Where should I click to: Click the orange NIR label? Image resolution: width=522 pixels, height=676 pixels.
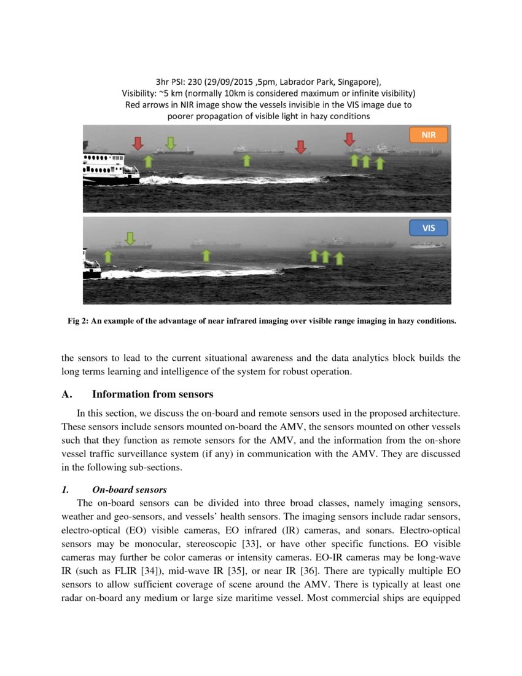click(429, 135)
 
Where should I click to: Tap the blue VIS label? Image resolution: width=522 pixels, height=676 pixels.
click(429, 228)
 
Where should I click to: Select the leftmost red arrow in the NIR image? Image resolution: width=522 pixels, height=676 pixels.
click(138, 143)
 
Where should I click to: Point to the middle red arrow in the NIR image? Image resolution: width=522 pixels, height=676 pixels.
click(300, 146)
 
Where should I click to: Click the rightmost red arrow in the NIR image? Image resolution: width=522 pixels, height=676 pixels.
click(349, 139)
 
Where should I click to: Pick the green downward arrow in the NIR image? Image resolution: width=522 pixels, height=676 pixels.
click(171, 143)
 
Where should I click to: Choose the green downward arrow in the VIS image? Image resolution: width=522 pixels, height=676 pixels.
click(130, 238)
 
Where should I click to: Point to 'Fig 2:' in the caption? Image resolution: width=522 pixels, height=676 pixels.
click(79, 321)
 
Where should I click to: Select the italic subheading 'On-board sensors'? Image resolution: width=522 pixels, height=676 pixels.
click(129, 490)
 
